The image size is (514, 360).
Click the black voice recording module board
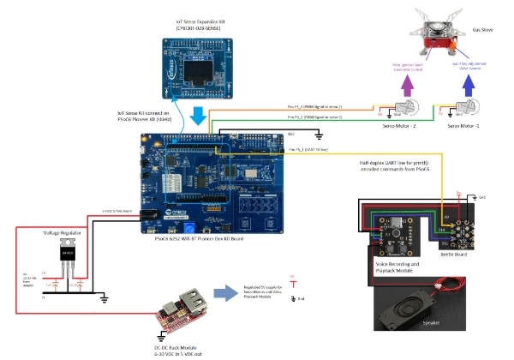[394, 231]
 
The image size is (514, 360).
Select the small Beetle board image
[449, 228]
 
